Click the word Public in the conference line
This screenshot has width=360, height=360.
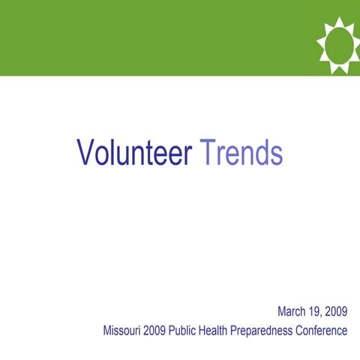[184, 330]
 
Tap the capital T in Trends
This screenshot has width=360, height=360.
[206, 154]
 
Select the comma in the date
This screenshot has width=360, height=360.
[324, 315]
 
